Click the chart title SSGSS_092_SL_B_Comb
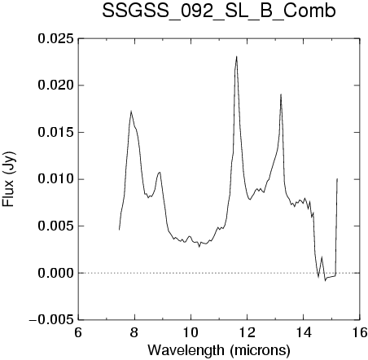(x=219, y=12)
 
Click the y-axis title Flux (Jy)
(x=9, y=179)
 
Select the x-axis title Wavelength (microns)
(x=219, y=350)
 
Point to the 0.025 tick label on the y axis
(x=55, y=38)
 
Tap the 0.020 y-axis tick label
(x=55, y=86)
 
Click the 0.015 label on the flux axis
(x=55, y=133)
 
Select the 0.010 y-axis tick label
(x=55, y=179)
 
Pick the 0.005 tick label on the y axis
(x=55, y=226)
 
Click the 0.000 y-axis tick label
(x=55, y=273)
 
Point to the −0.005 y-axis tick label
(x=51, y=320)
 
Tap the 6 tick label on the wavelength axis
(x=78, y=332)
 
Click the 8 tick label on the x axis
(x=134, y=332)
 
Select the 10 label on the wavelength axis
(x=191, y=332)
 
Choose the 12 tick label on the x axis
(x=247, y=332)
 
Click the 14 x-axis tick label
(x=304, y=332)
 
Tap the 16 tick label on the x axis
(x=360, y=332)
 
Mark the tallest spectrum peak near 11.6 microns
(x=237, y=56)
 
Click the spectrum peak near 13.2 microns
(x=281, y=94)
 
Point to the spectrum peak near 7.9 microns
(x=131, y=111)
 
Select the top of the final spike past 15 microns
(x=337, y=178)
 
